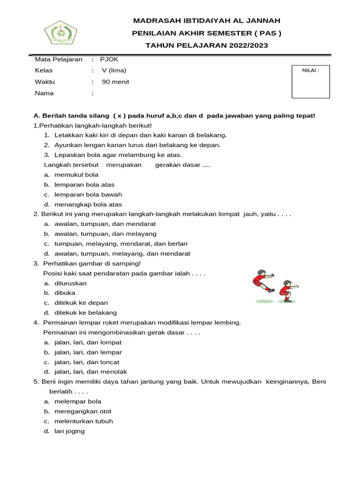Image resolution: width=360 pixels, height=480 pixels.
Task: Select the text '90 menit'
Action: pos(115,82)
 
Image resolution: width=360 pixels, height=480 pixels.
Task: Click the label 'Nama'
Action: pos(44,93)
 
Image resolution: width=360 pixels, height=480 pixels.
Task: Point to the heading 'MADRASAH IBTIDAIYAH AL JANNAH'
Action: pos(207,21)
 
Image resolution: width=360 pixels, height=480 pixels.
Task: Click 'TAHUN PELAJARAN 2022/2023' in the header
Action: pos(207,45)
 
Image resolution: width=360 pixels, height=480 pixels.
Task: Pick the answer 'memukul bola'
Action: pos(76,175)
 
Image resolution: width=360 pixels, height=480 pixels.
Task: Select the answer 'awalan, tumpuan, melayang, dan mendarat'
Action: pos(122,254)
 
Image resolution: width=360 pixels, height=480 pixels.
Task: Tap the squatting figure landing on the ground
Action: pos(286,291)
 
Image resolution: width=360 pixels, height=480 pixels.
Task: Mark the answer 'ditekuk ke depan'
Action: pos(81,303)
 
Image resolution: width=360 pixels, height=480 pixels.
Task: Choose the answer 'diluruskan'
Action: pos(70,283)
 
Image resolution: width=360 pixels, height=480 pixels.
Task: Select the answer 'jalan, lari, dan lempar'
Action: pos(88,352)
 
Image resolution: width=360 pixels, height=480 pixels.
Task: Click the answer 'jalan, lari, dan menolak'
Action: pos(90,372)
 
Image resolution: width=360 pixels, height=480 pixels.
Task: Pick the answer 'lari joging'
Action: pos(69,431)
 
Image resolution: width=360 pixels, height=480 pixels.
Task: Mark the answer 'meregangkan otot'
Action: pos(82,411)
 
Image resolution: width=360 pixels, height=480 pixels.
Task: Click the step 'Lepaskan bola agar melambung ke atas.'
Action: pos(118,155)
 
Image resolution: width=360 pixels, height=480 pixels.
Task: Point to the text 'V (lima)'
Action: pos(114,71)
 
